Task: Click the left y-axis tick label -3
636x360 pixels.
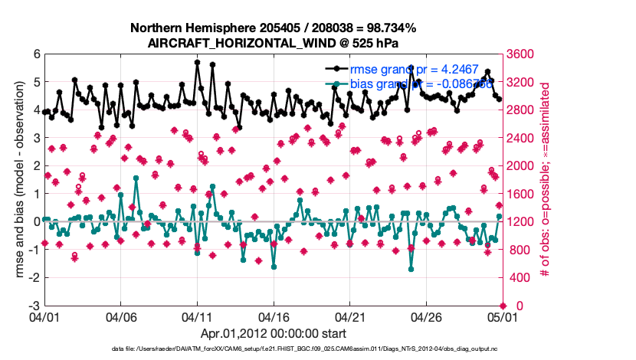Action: click(35, 306)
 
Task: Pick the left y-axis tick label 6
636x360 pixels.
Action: click(37, 54)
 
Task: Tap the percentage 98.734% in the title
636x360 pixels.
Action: click(389, 28)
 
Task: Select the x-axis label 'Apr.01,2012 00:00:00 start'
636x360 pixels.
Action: click(273, 333)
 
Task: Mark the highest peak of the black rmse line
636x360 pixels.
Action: click(197, 62)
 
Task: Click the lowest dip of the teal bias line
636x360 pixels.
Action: click(411, 269)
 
